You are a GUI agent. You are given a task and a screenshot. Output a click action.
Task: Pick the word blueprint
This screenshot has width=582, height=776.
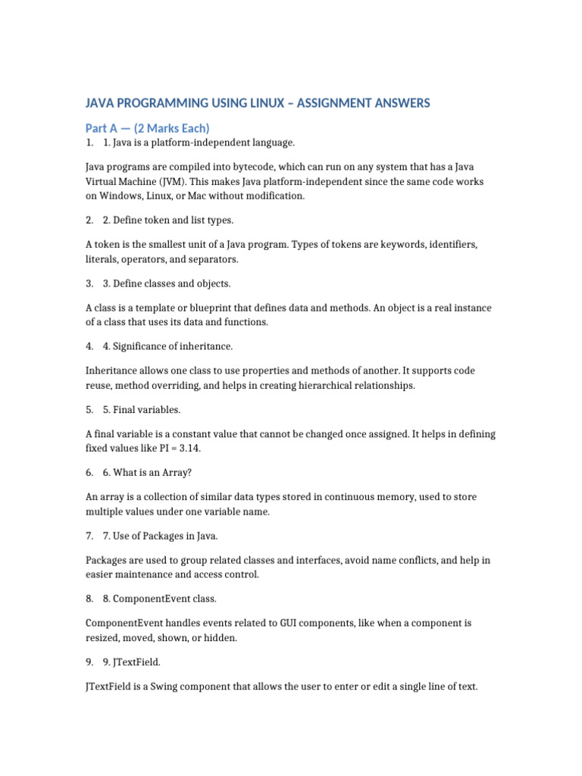pyautogui.click(x=200, y=308)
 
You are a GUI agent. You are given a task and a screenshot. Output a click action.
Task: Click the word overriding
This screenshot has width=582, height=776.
pyautogui.click(x=171, y=386)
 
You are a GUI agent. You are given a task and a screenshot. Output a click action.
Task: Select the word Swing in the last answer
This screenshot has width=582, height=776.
pyautogui.click(x=162, y=687)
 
